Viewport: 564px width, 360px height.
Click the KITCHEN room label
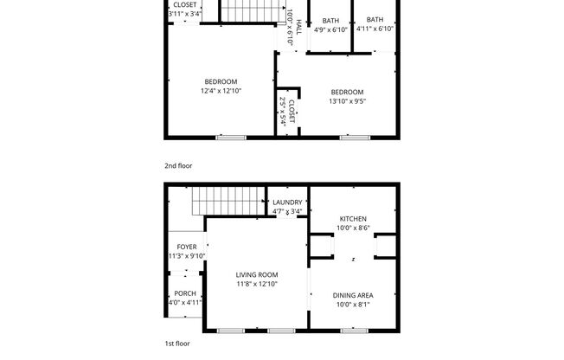coord(353,219)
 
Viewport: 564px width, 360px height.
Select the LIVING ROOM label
coord(256,274)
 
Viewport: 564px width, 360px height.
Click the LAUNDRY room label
coord(287,202)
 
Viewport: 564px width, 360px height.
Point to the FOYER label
coord(187,247)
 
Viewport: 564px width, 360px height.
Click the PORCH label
coord(184,293)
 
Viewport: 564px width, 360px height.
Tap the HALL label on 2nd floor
coord(298,27)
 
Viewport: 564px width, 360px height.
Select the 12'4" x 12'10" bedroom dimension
coord(221,91)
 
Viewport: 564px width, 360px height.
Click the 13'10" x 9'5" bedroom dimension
coord(347,101)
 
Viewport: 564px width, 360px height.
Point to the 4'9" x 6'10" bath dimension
coord(330,29)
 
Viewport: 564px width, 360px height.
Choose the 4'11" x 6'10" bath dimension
coord(375,29)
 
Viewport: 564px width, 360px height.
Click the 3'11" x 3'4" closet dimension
coord(184,14)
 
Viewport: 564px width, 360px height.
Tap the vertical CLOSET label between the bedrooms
coord(292,112)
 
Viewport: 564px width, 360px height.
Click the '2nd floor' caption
coord(179,164)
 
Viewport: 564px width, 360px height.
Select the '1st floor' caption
coord(178,344)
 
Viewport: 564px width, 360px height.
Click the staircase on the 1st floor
coord(227,200)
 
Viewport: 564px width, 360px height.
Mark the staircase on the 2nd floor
coord(253,11)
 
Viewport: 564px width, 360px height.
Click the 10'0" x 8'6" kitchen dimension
coord(353,228)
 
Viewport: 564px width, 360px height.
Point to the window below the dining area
coord(353,331)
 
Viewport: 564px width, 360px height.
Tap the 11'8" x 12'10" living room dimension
coord(256,284)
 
